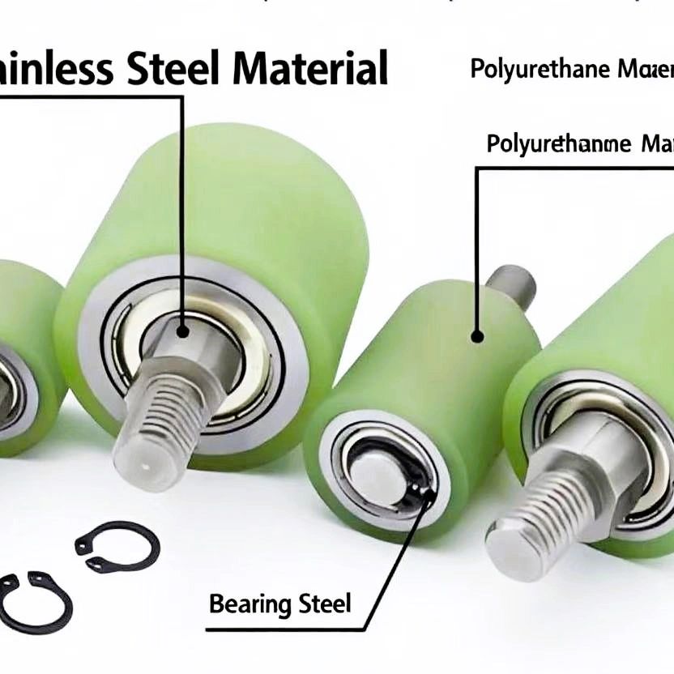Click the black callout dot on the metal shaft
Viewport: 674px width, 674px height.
(181, 331)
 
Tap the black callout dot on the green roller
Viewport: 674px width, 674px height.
(477, 335)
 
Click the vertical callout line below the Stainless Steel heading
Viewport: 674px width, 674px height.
(181, 211)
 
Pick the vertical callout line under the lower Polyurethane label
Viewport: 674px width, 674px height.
(476, 243)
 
